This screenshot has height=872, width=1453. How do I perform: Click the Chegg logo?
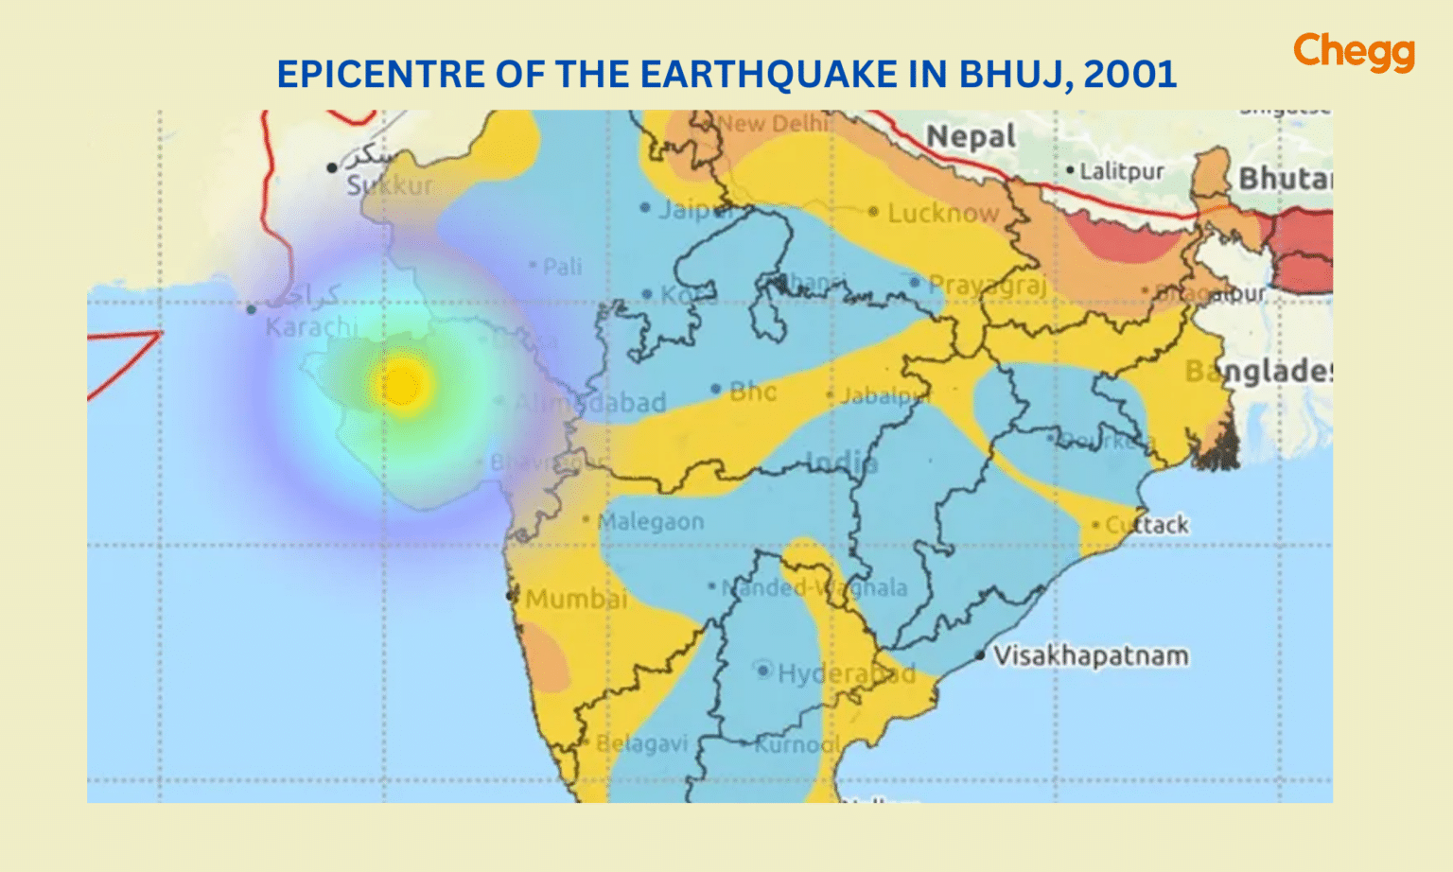point(1354,52)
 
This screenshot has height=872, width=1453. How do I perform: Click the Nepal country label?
point(971,137)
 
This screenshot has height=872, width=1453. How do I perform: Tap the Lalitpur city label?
point(1122,171)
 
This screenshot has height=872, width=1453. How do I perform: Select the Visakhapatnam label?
point(1091,655)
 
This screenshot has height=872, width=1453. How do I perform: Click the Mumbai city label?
point(576,599)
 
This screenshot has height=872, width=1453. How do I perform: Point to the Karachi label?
point(311,327)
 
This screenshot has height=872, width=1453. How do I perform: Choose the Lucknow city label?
point(942,213)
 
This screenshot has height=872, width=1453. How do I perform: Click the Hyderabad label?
point(846,673)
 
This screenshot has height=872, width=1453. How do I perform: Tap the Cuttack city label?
point(1147,525)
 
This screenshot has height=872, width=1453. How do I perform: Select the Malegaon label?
point(651,521)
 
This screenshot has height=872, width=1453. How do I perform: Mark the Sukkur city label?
point(390,185)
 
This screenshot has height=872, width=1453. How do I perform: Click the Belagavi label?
point(641,743)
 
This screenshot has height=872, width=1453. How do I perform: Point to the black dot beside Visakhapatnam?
point(980,654)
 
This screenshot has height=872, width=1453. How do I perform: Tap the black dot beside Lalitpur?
point(1070,170)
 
